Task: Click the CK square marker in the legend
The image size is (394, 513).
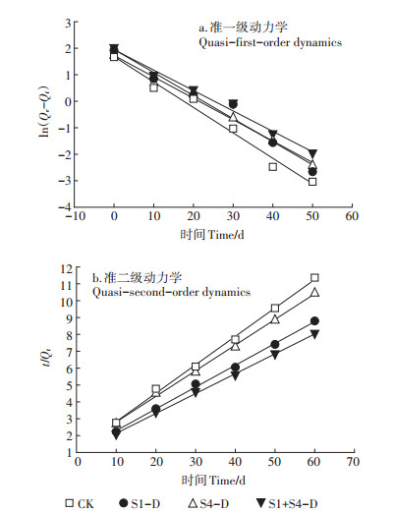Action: click(70, 503)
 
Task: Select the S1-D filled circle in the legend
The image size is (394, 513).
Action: click(124, 503)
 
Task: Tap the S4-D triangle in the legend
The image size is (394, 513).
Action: click(194, 503)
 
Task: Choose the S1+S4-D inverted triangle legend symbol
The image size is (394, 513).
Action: click(261, 503)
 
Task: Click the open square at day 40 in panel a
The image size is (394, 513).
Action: click(273, 167)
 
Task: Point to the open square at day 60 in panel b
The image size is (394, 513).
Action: click(314, 278)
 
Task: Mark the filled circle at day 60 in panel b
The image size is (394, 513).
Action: click(314, 321)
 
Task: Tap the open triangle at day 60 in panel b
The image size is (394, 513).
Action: click(314, 292)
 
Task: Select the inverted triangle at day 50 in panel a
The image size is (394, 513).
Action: click(312, 153)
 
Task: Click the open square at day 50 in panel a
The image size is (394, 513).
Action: click(312, 182)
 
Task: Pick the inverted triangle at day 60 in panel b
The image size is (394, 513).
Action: click(314, 334)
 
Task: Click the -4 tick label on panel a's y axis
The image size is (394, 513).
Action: click(65, 207)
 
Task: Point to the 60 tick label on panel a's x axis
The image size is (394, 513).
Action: click(352, 216)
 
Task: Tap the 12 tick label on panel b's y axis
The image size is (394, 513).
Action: click(66, 269)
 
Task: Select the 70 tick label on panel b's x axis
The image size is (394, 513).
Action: click(353, 462)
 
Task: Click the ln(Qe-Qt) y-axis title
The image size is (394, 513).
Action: click(44, 111)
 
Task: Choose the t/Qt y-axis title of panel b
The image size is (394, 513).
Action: click(48, 358)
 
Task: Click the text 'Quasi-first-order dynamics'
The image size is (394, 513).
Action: click(270, 42)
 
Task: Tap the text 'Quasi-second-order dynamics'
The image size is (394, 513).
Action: click(171, 292)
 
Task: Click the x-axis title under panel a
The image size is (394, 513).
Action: click(212, 235)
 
